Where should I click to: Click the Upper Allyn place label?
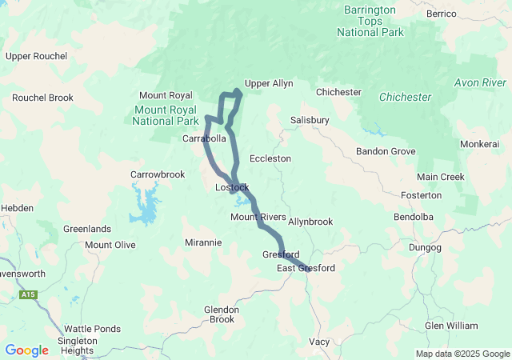tap(269, 83)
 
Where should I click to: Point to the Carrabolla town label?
tap(205, 138)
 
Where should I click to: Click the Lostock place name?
tap(232, 187)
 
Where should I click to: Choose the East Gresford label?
tap(306, 268)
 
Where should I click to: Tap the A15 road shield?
tap(29, 295)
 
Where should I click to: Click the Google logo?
tap(26, 350)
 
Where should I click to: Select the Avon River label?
tap(480, 82)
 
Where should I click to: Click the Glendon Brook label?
tap(220, 314)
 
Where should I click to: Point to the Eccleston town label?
tap(270, 158)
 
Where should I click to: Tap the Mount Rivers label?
tap(258, 217)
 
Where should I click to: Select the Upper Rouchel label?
tap(36, 56)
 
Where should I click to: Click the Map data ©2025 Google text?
tap(462, 354)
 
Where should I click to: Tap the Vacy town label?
tap(319, 342)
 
